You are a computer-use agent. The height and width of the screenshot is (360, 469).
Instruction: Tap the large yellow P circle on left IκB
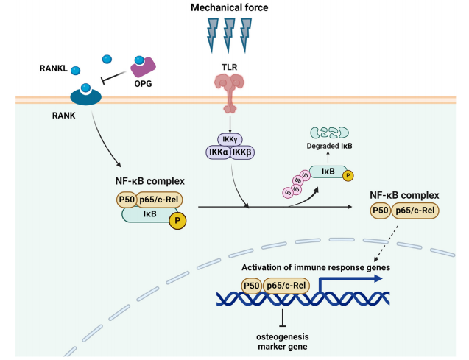tap(176, 220)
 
